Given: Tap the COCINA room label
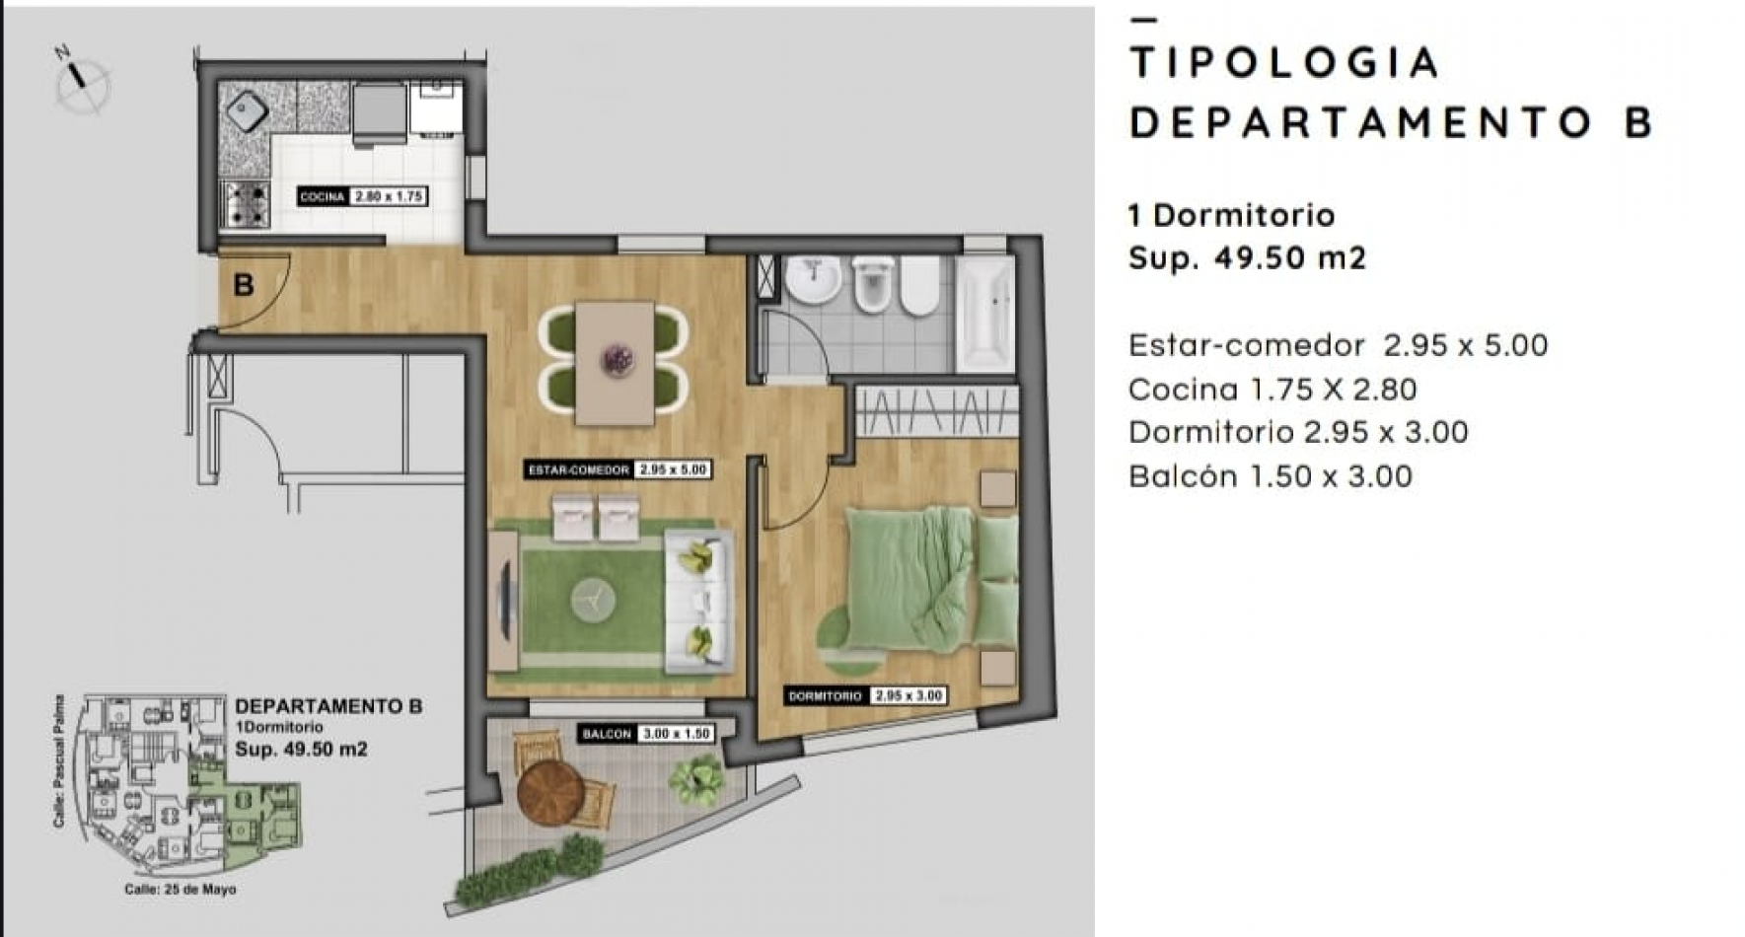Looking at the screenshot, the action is (323, 197).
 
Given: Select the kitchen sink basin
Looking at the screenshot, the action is (247, 111).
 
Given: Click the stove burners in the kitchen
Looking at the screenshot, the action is (246, 205).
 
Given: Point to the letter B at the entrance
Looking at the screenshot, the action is (244, 285).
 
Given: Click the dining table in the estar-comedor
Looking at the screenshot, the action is (615, 363).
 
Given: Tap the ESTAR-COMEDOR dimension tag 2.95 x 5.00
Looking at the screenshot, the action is (674, 470).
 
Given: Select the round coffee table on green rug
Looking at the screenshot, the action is (593, 600).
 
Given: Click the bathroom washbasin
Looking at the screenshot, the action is (814, 280).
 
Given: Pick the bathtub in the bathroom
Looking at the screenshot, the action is (985, 314).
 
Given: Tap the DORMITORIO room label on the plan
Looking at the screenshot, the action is (826, 696).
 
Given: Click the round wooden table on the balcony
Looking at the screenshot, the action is (550, 792).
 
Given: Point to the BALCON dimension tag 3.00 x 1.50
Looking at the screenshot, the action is (676, 734).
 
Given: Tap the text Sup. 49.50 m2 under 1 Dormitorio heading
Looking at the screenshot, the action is (1247, 258).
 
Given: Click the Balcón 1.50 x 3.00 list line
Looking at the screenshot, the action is (1271, 476).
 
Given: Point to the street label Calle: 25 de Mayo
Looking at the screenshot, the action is (181, 890).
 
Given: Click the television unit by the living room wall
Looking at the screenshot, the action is (504, 602).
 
